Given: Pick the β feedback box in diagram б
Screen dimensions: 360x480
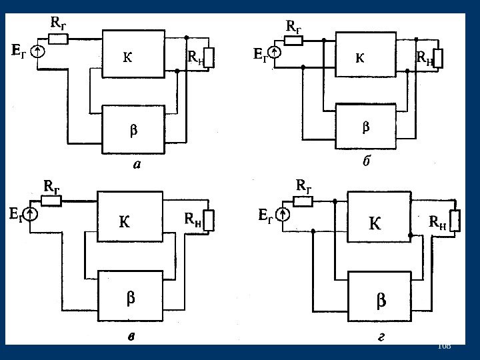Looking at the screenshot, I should (x=365, y=126).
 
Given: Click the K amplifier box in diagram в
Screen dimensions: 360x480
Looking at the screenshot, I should (x=130, y=221).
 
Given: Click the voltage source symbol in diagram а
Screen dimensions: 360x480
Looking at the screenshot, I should (x=39, y=50).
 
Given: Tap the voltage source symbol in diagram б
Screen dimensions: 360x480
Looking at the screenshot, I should (x=274, y=51).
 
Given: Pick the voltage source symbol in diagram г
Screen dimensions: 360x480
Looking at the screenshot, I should (x=283, y=215).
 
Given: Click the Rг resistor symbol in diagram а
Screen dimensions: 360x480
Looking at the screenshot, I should (x=58, y=39).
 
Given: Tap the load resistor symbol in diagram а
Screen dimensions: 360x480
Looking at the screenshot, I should (x=209, y=58).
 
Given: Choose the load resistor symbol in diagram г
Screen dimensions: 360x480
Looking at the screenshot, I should (x=455, y=222).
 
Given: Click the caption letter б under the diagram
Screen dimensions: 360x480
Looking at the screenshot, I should (x=365, y=161).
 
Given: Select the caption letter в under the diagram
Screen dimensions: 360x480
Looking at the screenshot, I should (x=133, y=338).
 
